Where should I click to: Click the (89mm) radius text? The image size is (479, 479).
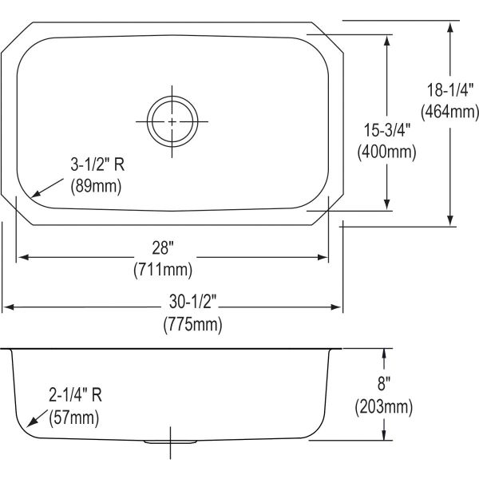93,188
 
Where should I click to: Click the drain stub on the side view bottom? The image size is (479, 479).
172,441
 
